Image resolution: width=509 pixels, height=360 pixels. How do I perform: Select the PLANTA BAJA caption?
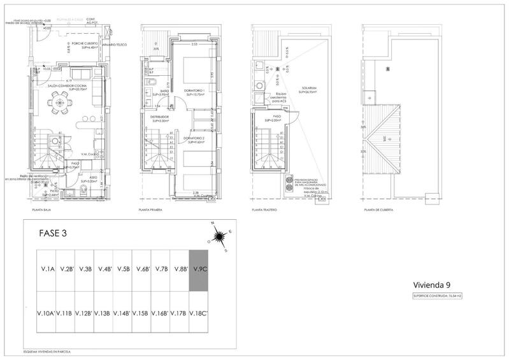(42, 210)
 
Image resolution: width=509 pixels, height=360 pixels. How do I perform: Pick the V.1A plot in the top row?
(47, 270)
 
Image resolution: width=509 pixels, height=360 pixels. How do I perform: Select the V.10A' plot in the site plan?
(46, 313)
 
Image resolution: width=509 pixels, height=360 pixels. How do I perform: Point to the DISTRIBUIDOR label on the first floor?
(159, 117)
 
